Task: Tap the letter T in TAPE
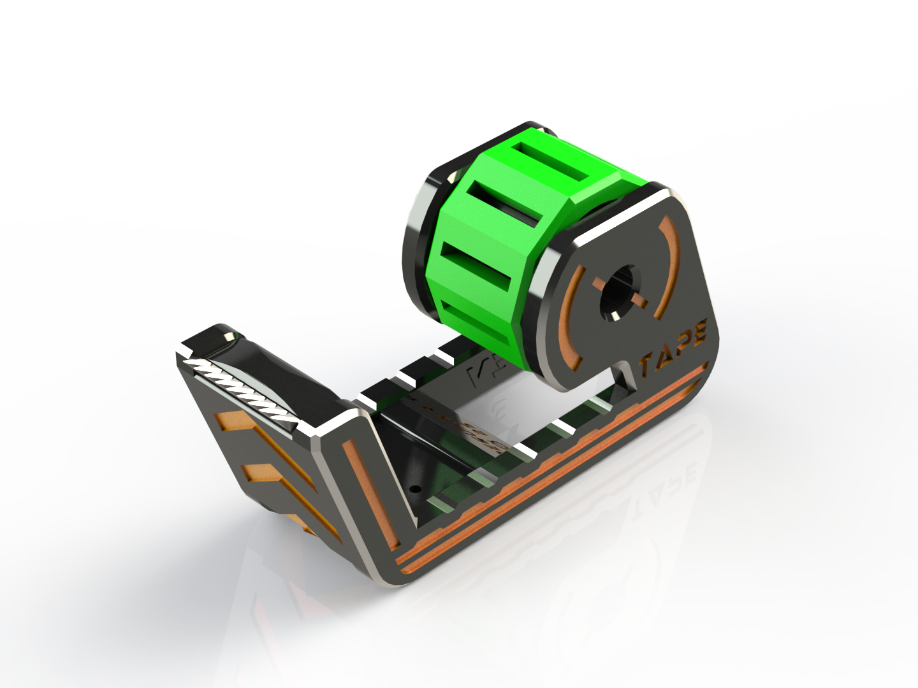[x=646, y=366]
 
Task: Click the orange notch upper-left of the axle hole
[x=600, y=284]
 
